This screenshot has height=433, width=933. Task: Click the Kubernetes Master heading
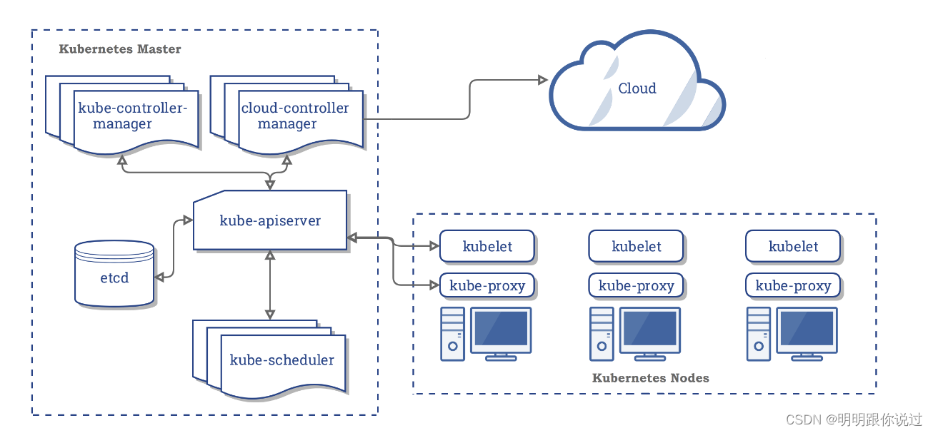click(120, 49)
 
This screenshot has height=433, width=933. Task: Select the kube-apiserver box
click(270, 220)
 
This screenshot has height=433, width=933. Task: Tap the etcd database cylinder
click(114, 273)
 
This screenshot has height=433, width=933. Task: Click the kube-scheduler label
click(282, 360)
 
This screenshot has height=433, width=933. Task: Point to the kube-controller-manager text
click(132, 116)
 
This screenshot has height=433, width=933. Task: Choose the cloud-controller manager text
click(295, 116)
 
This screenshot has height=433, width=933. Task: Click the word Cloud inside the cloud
click(637, 88)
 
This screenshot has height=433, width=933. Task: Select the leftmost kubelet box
click(487, 246)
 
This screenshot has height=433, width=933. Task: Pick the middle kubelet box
click(636, 246)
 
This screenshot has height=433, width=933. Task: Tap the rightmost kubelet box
click(793, 246)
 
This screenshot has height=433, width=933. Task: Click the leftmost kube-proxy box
click(487, 285)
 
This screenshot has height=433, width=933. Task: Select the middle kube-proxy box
click(636, 285)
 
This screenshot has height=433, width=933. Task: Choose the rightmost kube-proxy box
click(793, 285)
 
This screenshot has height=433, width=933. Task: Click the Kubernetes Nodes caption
click(651, 378)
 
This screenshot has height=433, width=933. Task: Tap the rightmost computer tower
click(759, 334)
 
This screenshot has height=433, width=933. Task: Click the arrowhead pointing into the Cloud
click(543, 80)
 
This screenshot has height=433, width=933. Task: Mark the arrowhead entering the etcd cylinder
click(159, 277)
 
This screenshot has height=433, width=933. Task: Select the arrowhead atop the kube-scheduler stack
click(270, 315)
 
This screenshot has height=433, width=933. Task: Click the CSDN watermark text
click(854, 419)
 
